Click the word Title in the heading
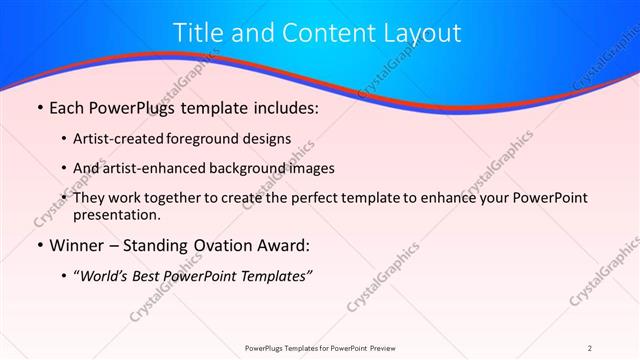click(200, 32)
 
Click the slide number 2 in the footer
click(590, 347)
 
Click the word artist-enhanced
click(155, 168)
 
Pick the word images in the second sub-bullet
click(307, 168)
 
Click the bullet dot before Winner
click(39, 245)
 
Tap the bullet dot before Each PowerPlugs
click(39, 107)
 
